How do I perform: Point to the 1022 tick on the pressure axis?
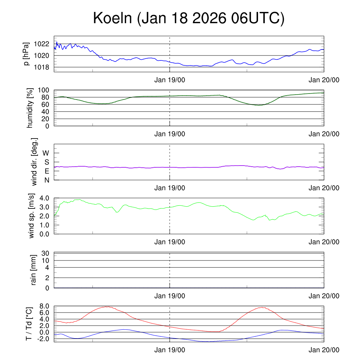pyautogui.click(x=43, y=44)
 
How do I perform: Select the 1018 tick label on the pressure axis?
pyautogui.click(x=43, y=67)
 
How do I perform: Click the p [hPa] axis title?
pyautogui.click(x=26, y=54)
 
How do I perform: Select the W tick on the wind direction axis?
pyautogui.click(x=46, y=153)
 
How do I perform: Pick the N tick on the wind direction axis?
pyautogui.click(x=46, y=180)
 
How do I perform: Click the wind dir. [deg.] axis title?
pyautogui.click(x=34, y=162)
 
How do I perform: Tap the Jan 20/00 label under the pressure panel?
pyautogui.click(x=324, y=80)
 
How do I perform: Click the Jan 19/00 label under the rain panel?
pyautogui.click(x=169, y=296)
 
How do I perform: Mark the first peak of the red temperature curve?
pyautogui.click(x=107, y=307)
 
